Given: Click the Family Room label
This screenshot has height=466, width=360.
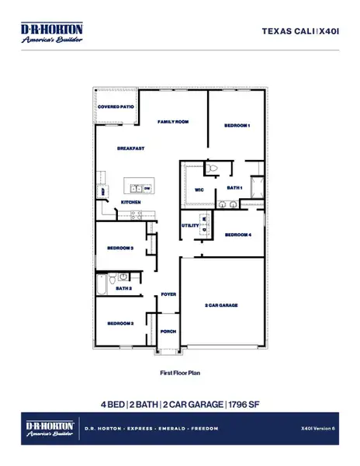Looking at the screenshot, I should click(x=174, y=122).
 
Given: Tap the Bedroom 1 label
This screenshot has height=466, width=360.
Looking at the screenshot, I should click(x=237, y=125).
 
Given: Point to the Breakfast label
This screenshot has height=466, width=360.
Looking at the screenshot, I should click(x=131, y=148).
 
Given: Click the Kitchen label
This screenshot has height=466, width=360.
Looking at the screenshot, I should click(x=130, y=203).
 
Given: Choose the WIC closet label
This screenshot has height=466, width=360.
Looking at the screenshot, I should click(x=199, y=189).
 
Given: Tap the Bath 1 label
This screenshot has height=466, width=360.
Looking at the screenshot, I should click(x=235, y=187).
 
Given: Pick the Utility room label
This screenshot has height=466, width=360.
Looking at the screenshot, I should click(x=189, y=225).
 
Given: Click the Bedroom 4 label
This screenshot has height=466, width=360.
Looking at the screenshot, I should click(x=237, y=235).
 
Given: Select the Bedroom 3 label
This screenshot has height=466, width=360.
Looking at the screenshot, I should click(x=121, y=249).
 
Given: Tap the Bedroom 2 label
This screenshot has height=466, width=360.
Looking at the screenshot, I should click(x=121, y=322).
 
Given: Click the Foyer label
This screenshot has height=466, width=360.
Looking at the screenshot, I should click(x=168, y=294).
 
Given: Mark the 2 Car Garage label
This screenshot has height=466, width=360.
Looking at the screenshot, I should click(x=221, y=306).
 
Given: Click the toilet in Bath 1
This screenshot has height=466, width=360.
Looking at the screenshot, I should click(x=213, y=169).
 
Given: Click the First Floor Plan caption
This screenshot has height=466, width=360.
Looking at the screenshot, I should click(x=180, y=374).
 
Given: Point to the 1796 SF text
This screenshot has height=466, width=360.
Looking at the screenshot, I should click(x=244, y=404).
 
